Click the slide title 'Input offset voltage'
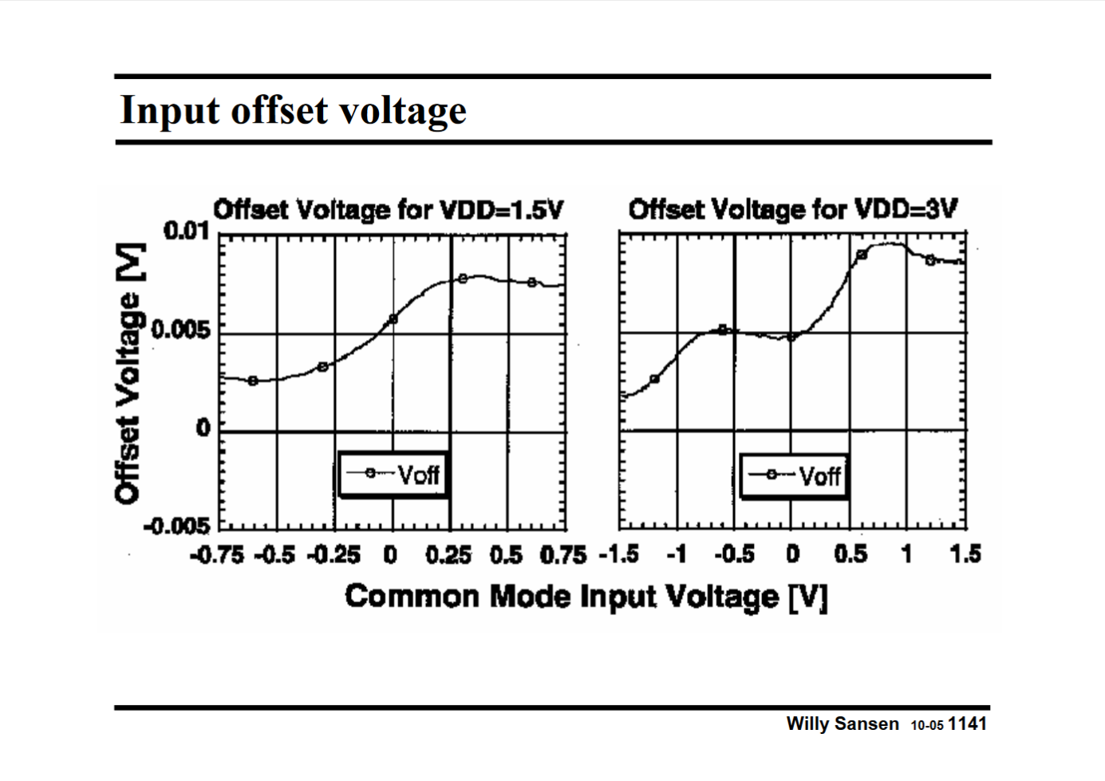pos(293,110)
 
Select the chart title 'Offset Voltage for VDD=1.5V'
pos(388,210)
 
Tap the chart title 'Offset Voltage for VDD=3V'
pos(792,210)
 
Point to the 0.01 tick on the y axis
pos(186,231)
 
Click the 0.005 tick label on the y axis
pos(180,330)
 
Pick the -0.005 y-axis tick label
pos(176,527)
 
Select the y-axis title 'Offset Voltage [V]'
pos(130,373)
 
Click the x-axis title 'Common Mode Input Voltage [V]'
pos(586,596)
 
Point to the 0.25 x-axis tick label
pos(448,554)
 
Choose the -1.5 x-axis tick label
pos(619,554)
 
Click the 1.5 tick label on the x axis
pos(965,554)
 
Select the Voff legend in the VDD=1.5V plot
pos(393,475)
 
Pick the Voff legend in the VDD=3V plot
pos(794,476)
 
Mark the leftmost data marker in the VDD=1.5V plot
pos(253,381)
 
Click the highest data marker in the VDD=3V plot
pos(862,254)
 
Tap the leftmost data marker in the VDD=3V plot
pos(655,379)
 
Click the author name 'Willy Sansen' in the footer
pos(842,724)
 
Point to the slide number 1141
pos(969,724)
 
